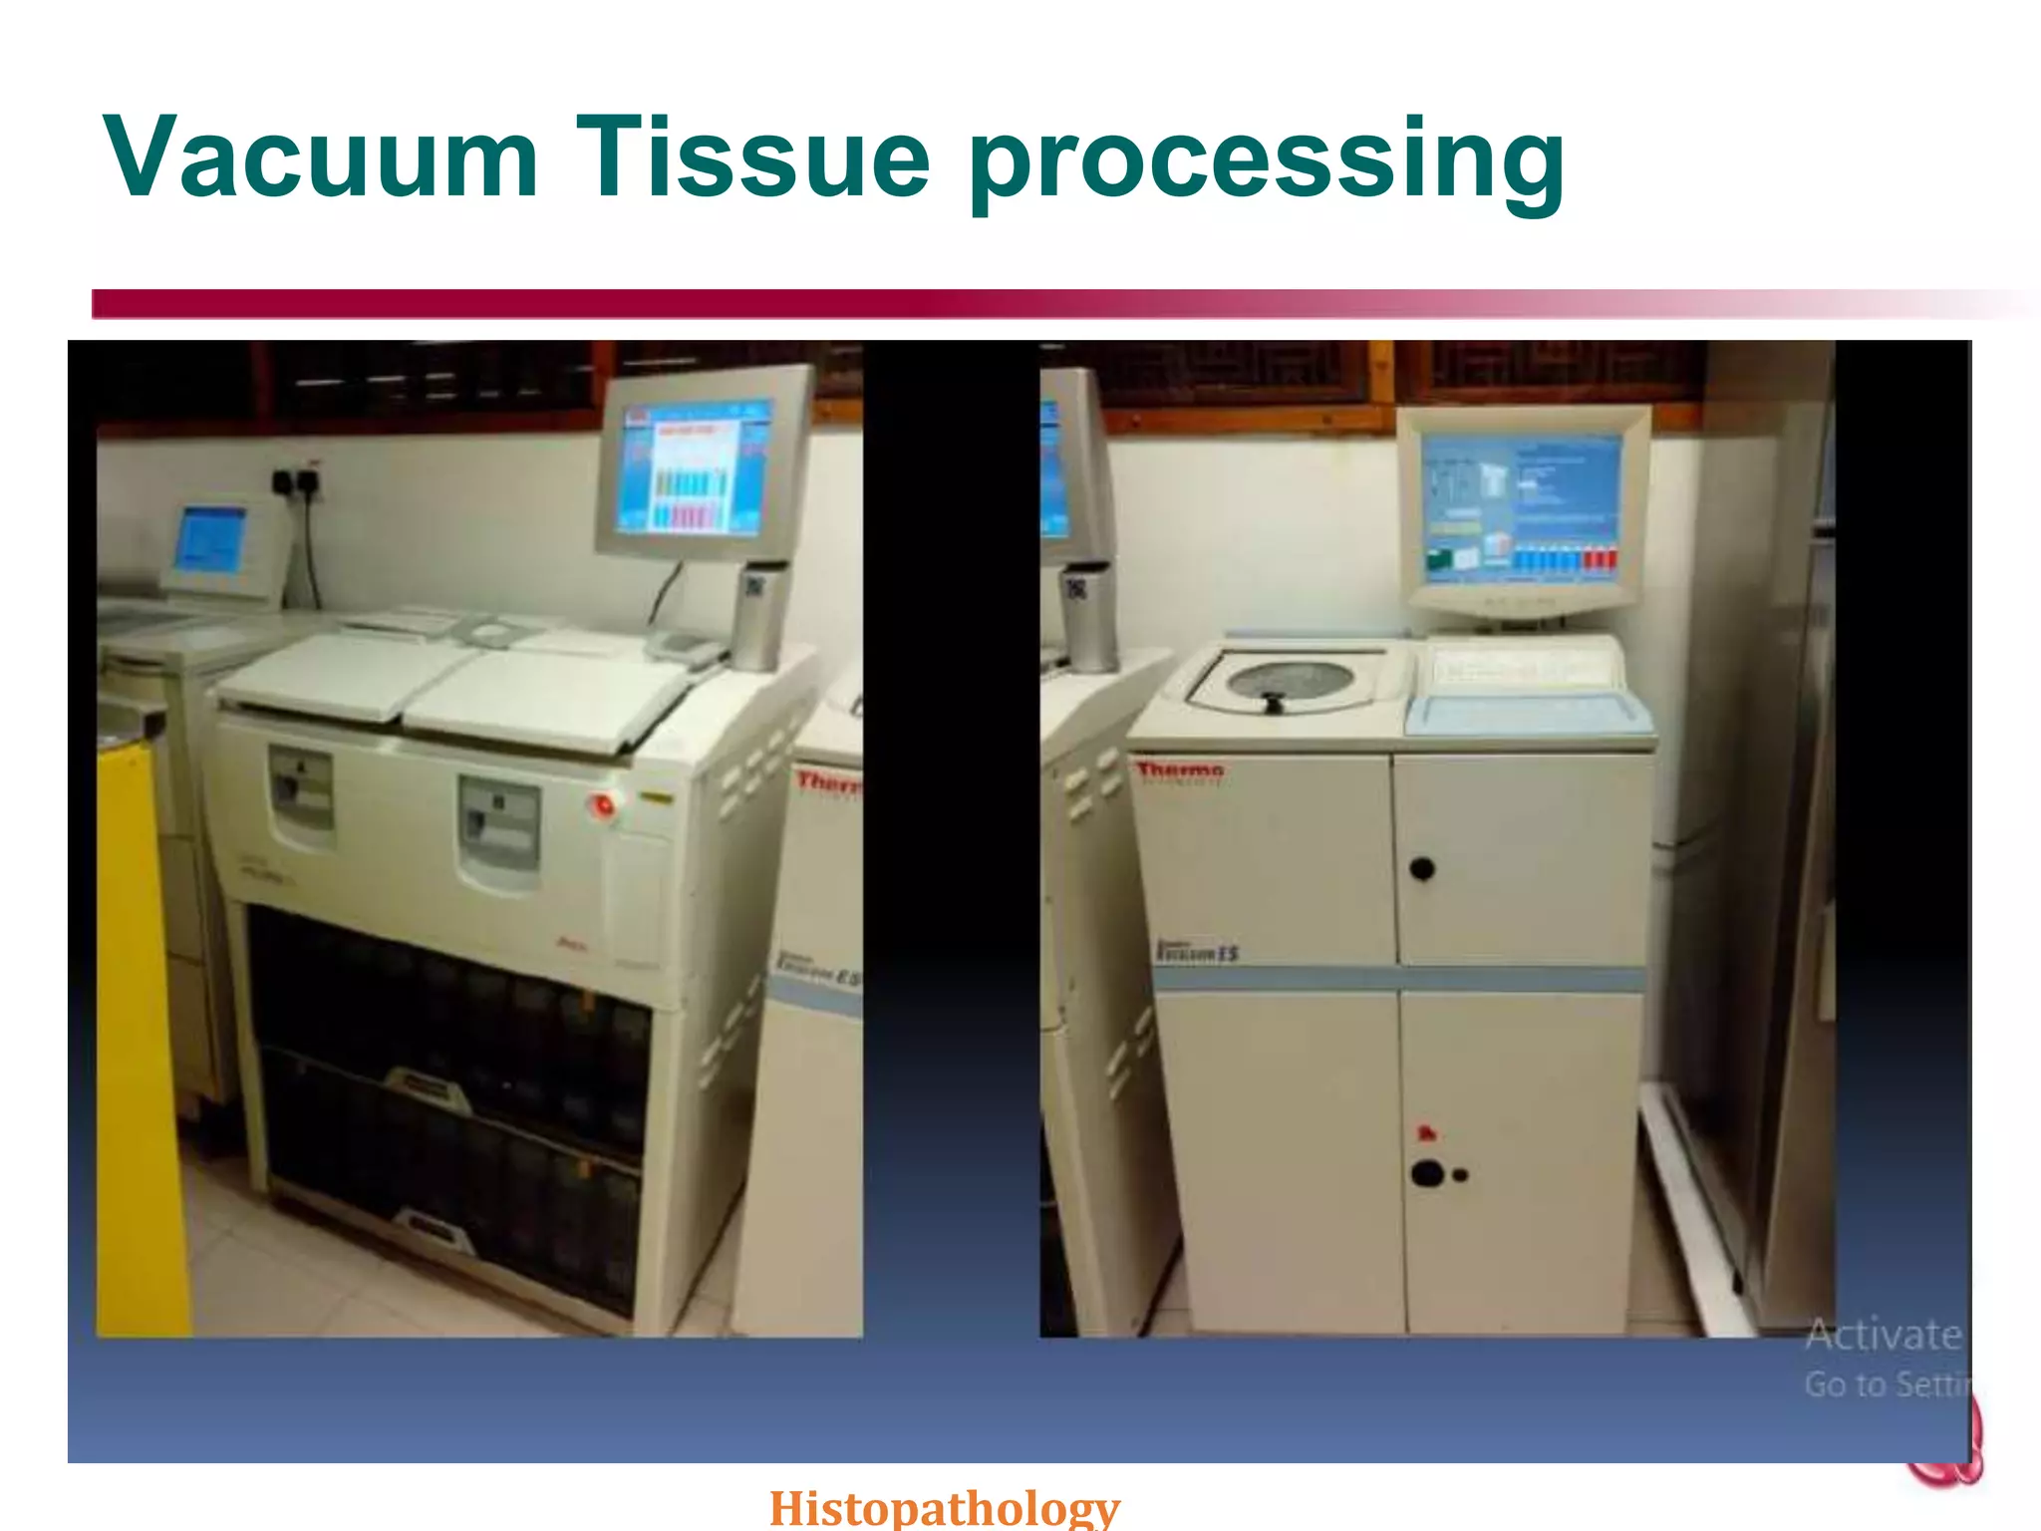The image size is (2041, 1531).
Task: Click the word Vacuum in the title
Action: [321, 157]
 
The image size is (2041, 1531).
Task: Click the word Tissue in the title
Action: [752, 157]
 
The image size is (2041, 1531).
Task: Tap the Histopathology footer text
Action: [945, 1506]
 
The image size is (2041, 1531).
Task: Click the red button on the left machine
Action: [602, 804]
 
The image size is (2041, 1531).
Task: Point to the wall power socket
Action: [296, 483]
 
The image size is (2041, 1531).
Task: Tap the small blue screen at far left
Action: [210, 539]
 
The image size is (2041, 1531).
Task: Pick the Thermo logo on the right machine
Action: [1180, 770]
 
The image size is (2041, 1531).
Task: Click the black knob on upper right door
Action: [1422, 869]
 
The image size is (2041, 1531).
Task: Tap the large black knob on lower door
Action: [1427, 1173]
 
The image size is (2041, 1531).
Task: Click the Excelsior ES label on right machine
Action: [1197, 951]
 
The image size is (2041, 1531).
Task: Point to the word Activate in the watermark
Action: [1883, 1334]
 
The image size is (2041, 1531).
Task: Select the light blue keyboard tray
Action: [1525, 712]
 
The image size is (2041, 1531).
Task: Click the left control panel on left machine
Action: [301, 793]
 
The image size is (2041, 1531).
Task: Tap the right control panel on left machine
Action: [498, 827]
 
